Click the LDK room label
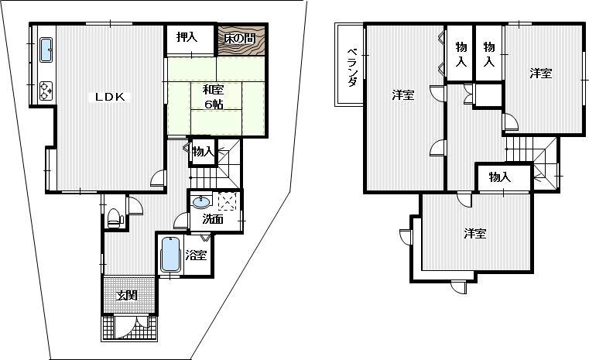tap(115, 97)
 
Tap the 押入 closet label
tap(187, 36)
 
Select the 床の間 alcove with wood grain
tap(241, 39)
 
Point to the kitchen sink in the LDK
tap(45, 51)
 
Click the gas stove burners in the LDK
tap(44, 90)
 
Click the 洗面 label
tap(213, 220)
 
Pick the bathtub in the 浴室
tap(170, 254)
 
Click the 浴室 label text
tap(197, 255)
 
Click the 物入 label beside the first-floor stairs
tap(203, 153)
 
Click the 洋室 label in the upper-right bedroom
tap(541, 74)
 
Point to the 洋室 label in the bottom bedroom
tap(475, 233)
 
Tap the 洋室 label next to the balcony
tap(402, 95)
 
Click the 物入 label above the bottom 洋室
tap(500, 177)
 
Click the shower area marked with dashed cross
tap(227, 201)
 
